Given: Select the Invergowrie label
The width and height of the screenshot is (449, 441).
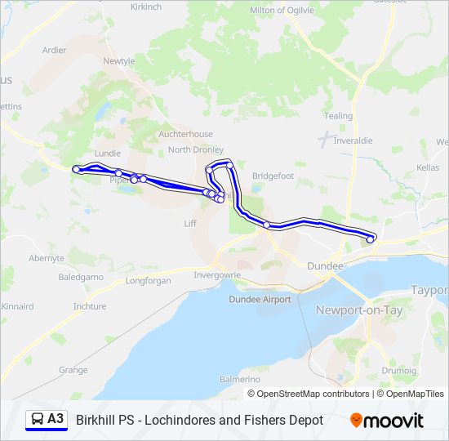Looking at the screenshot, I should (217, 274).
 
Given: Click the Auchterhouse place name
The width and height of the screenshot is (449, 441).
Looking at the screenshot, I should (185, 134).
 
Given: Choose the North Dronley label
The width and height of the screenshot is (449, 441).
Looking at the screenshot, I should (196, 149).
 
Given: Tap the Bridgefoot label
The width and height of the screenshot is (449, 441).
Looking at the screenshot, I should (273, 176).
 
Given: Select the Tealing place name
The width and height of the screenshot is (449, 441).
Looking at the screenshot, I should (339, 116).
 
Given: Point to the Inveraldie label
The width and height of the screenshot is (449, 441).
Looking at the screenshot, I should (353, 140).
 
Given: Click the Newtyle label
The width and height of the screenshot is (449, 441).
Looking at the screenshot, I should (118, 61).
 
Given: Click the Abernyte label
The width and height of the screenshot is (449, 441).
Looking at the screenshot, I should (47, 257).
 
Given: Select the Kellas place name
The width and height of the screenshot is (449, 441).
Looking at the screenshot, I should (427, 167).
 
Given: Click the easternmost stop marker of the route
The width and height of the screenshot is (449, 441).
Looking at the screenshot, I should (371, 239).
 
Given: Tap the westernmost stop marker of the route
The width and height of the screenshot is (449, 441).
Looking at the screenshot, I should (76, 169).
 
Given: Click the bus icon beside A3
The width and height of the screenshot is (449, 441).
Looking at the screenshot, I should (37, 420).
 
